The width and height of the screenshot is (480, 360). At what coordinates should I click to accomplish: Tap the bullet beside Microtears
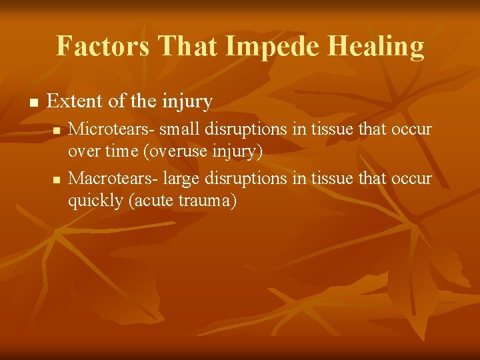tap(57, 129)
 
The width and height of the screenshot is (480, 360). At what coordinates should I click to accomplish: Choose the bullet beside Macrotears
tap(57, 179)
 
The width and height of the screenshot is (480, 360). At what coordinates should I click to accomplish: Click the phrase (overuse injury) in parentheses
tap(203, 151)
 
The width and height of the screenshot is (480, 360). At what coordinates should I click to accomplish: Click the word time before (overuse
tap(119, 151)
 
